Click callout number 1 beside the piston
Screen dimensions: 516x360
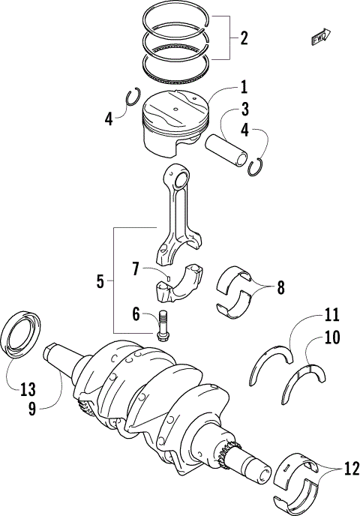[x=244, y=87]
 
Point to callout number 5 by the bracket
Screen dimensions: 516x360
[x=100, y=282]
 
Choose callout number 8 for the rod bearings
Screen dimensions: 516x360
[x=280, y=286]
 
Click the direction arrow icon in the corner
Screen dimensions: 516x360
[x=318, y=35]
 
